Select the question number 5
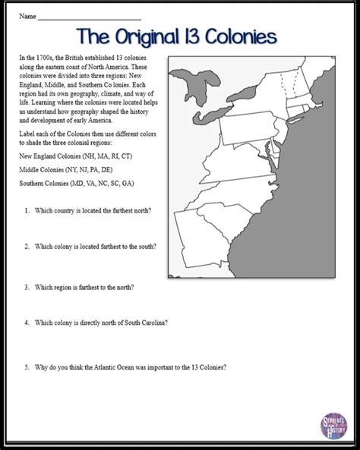(x=27, y=367)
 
